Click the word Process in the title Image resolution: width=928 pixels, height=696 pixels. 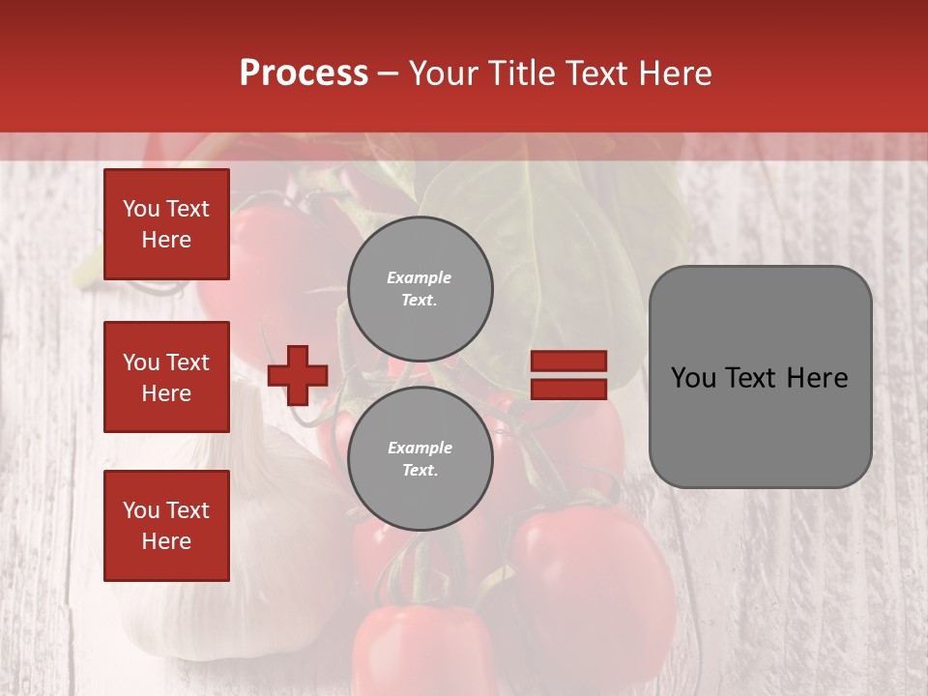coord(304,73)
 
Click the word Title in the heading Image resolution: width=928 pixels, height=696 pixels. coord(518,73)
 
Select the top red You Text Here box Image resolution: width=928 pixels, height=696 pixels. coord(166,224)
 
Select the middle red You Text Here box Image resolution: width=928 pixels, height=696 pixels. coord(166,377)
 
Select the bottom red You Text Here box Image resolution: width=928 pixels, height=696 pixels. coord(166,526)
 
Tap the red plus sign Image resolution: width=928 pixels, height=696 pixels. coord(298,375)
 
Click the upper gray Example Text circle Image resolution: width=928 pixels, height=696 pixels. coord(420,289)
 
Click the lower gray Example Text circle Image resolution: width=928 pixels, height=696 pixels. coord(420,459)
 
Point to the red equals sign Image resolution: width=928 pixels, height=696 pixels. coord(568,375)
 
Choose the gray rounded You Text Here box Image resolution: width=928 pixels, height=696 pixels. coord(760,377)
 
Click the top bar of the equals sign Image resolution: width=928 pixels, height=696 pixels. coord(568,361)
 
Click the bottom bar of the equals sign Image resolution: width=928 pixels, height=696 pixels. coord(568,390)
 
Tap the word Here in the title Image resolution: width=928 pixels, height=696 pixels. coord(675,73)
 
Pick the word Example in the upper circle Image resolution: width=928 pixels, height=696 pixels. coord(420,277)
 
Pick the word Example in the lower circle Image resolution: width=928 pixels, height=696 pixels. coord(420,448)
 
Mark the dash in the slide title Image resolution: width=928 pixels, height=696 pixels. coord(388,73)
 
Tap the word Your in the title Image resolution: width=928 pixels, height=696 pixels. coord(442,73)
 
